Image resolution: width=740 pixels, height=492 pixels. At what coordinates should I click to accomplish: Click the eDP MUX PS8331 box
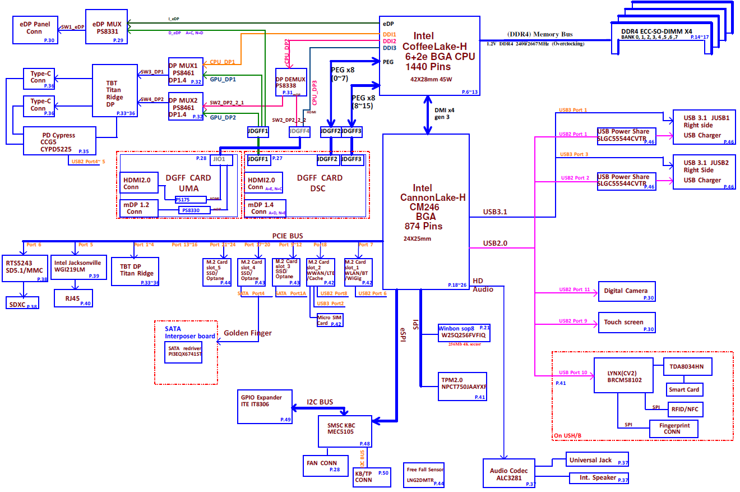coord(107,26)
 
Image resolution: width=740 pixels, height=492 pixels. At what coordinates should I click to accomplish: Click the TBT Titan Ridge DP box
coord(115,90)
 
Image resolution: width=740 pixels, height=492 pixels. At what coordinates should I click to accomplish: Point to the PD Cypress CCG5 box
coord(58,141)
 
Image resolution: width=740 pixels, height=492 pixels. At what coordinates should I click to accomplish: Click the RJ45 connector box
coord(73,298)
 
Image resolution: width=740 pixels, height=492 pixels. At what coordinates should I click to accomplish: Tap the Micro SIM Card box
coord(330,320)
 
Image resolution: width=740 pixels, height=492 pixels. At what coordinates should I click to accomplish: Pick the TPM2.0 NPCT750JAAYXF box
coord(462,387)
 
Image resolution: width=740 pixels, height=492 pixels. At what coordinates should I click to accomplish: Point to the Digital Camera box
coord(626,291)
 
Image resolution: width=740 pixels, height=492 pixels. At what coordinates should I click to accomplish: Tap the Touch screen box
coord(626,323)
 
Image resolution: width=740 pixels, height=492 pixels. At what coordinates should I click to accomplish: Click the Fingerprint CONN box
coord(674,429)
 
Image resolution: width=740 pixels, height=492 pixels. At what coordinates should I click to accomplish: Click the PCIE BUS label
coord(288,236)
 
